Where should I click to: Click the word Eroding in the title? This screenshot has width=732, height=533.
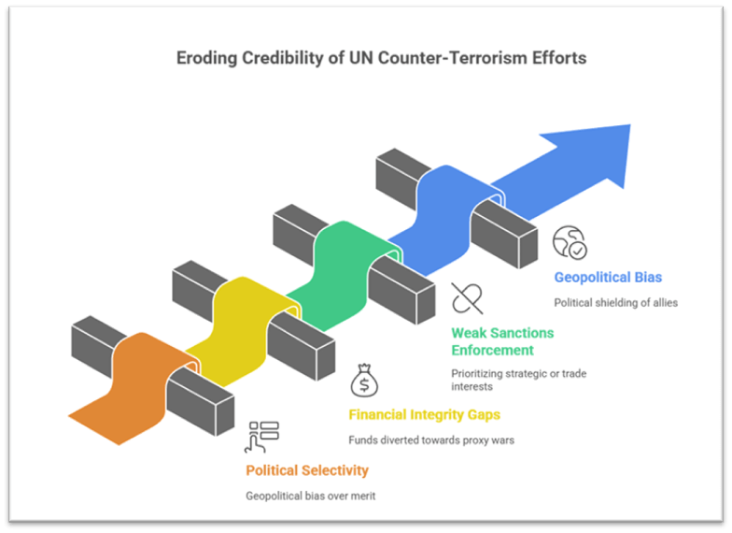click(x=205, y=58)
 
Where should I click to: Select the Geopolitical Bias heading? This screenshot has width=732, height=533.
click(x=608, y=278)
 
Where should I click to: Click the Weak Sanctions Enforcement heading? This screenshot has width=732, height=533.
click(x=502, y=341)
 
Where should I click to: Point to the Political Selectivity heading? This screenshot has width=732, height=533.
click(x=307, y=470)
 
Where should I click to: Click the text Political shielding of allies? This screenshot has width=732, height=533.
click(x=615, y=302)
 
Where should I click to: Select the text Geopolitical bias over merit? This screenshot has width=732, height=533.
click(x=311, y=496)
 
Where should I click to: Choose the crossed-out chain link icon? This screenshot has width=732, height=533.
click(x=467, y=298)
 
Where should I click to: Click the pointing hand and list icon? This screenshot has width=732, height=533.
click(x=262, y=437)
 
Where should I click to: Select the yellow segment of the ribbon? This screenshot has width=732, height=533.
click(x=233, y=318)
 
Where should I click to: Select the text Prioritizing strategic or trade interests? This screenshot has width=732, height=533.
click(x=518, y=380)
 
